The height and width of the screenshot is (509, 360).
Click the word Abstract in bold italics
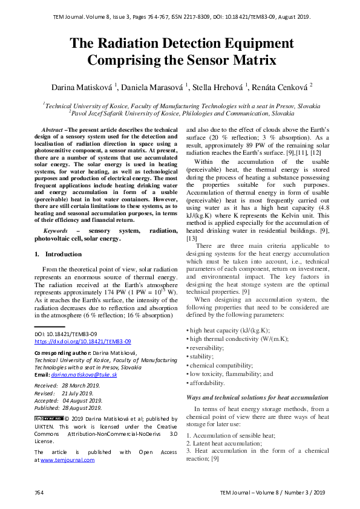[x=52, y=131]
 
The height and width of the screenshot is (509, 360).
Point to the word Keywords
[x=55, y=232]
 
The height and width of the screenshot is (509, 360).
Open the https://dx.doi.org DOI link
[x=82, y=341]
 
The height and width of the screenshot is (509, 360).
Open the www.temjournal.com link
[x=67, y=460]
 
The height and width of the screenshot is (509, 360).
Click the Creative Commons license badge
[x=48, y=418]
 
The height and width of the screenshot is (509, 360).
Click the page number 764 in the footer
[x=39, y=493]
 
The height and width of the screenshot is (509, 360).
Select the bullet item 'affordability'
[x=208, y=383]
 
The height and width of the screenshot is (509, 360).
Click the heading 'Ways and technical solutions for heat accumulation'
[x=257, y=397]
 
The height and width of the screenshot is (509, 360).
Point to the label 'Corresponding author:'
[x=59, y=352]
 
